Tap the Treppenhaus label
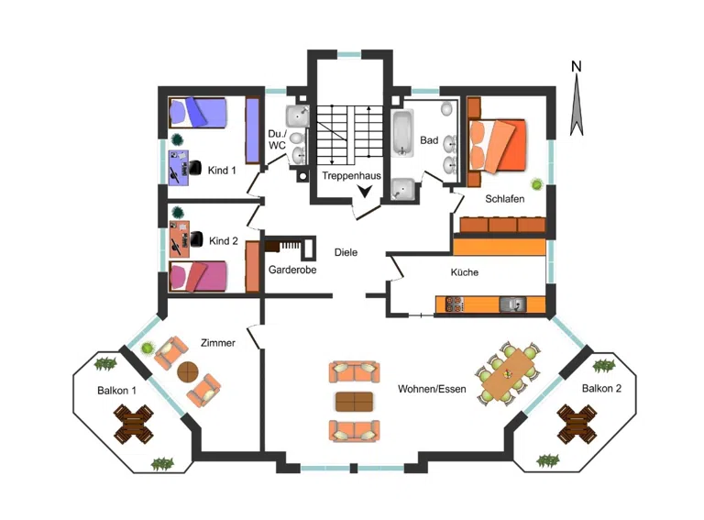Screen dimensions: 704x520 (x=351, y=175)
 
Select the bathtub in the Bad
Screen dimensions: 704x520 (x=402, y=133)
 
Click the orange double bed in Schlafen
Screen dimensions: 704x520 (x=497, y=145)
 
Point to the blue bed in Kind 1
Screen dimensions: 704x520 (x=198, y=112)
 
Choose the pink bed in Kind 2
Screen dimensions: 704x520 (x=198, y=277)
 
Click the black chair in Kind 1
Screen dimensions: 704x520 (x=194, y=168)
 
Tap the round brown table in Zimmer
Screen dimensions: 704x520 (x=188, y=371)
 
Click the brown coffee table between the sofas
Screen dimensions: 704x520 (x=354, y=402)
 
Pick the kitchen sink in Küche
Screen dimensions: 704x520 (x=513, y=304)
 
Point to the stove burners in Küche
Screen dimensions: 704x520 (x=454, y=304)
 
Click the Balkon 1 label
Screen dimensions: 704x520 (x=116, y=391)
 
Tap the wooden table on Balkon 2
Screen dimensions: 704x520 (x=577, y=424)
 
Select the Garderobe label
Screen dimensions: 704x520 (x=292, y=270)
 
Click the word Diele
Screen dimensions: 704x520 (x=346, y=252)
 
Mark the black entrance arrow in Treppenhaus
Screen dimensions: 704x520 (x=365, y=192)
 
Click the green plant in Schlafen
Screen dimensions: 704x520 (x=536, y=183)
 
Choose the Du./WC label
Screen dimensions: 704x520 (x=277, y=139)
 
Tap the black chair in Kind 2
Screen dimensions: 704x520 (x=196, y=238)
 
